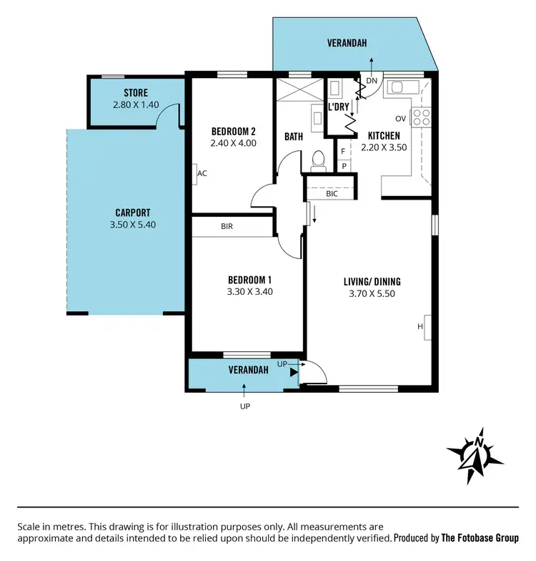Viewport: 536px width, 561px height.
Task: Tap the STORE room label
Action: [135, 93]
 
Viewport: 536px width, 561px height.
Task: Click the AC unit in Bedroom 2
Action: [202, 172]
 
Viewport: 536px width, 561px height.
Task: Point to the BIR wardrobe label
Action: [227, 227]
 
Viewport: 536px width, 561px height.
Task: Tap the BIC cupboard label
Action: [331, 193]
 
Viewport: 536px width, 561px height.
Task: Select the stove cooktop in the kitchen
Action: [421, 117]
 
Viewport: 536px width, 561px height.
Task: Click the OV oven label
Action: [400, 118]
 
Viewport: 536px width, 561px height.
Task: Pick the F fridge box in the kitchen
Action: [344, 151]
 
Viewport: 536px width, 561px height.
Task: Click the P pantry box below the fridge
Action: [344, 166]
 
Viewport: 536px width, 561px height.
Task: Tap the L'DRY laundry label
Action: [338, 108]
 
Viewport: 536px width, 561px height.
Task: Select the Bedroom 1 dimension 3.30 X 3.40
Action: [249, 291]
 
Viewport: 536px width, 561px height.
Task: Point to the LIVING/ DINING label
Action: [372, 281]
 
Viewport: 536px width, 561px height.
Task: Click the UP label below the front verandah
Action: [245, 406]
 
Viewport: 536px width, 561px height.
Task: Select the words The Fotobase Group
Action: [480, 537]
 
